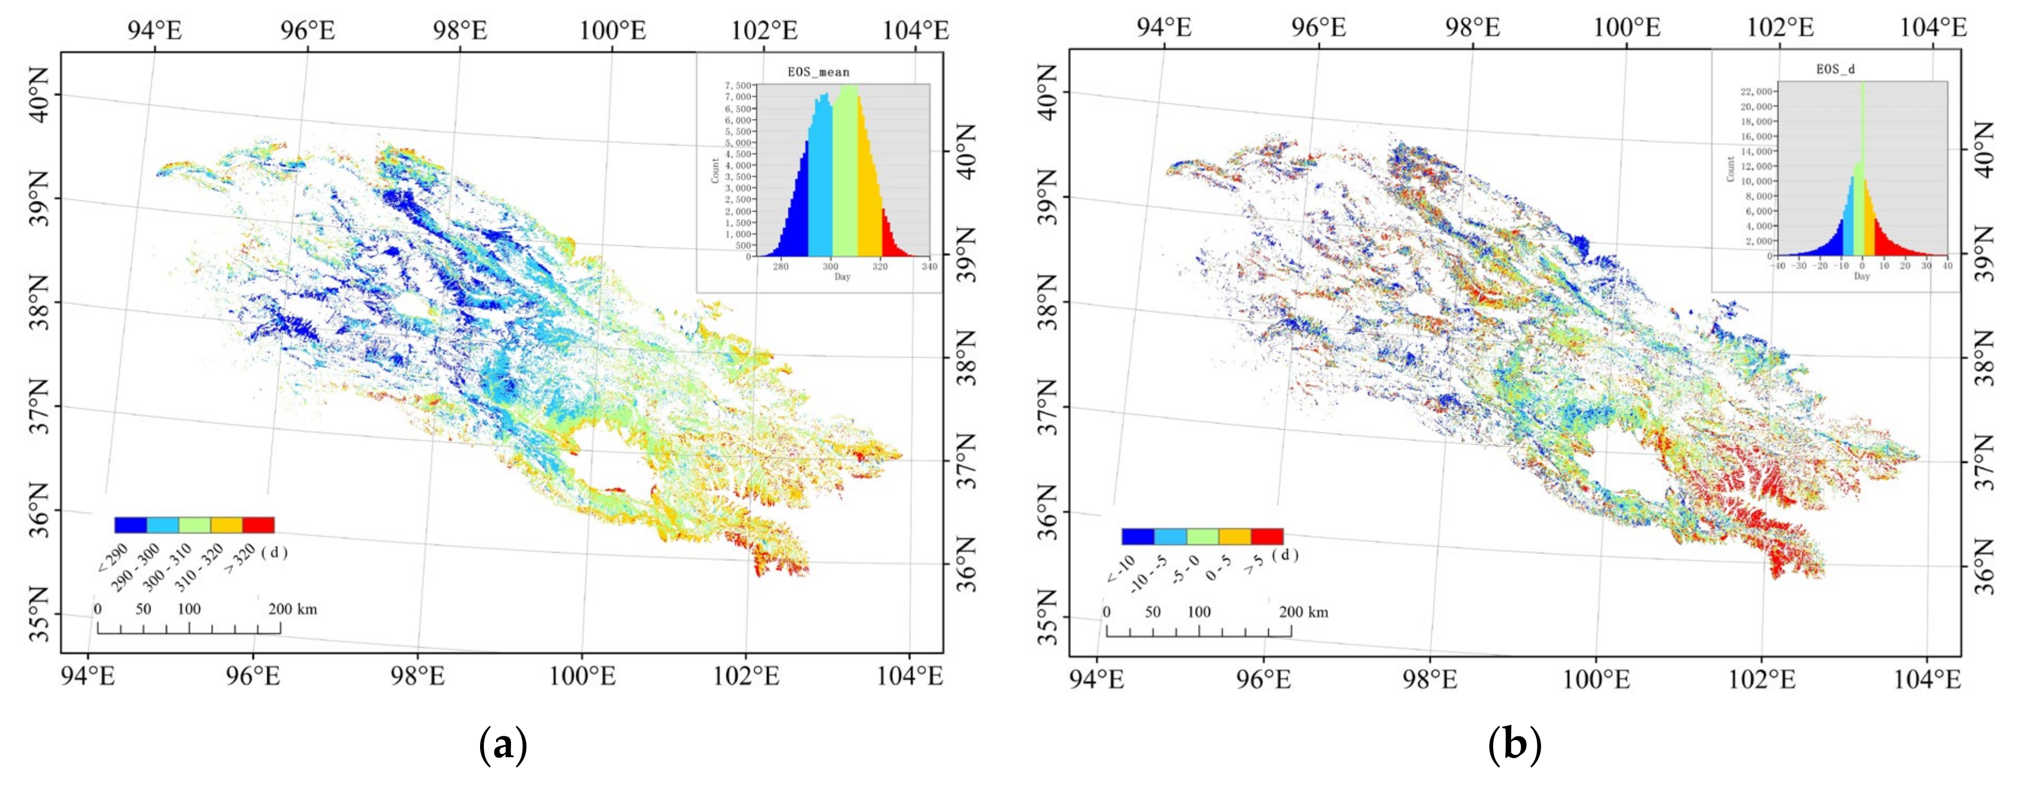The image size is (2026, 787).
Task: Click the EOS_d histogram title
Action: click(1835, 69)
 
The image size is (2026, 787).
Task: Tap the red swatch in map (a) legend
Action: click(258, 525)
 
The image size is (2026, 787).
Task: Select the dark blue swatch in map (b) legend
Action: click(1137, 537)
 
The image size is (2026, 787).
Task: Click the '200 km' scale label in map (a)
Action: click(292, 608)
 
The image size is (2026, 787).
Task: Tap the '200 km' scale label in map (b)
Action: click(1303, 612)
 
